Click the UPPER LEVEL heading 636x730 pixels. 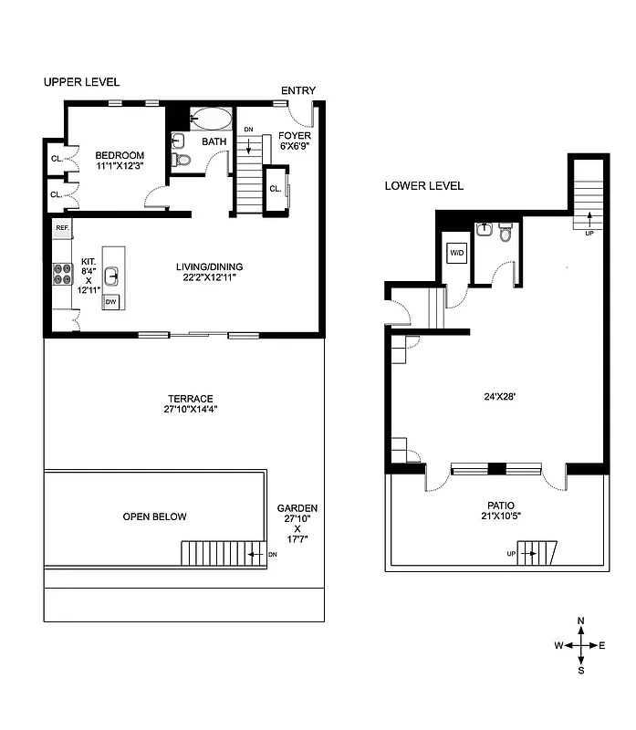81,82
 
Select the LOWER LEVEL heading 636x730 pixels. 423,185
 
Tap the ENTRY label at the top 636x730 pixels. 297,90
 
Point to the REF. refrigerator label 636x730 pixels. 62,227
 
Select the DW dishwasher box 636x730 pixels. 111,301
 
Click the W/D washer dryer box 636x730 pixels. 455,252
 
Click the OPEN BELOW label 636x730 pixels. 154,516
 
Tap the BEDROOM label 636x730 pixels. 120,155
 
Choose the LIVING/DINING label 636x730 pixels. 210,266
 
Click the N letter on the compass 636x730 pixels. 581,620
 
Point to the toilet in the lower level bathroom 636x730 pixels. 505,234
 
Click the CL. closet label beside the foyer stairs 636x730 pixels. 275,189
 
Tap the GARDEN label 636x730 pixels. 297,508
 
